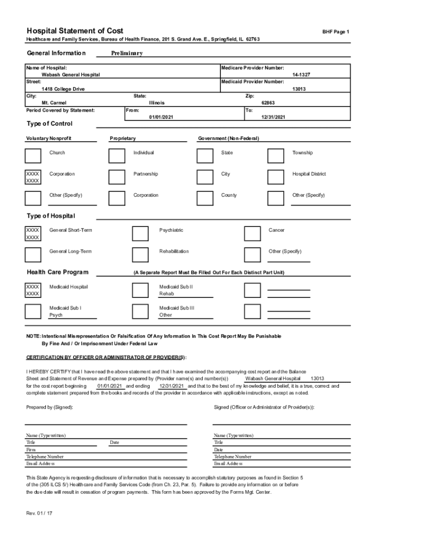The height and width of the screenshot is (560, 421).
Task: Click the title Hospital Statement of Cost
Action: click(75, 31)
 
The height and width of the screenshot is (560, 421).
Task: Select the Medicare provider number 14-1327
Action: click(302, 74)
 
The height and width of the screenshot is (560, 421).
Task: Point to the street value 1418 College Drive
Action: click(63, 89)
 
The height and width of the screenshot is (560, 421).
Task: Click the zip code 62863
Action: click(268, 103)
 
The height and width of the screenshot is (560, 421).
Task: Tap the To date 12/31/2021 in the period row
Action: click(273, 117)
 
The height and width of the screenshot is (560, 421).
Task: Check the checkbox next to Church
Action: click(33, 156)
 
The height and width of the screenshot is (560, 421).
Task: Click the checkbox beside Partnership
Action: click(116, 177)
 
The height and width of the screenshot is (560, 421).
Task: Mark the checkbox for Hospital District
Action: click(276, 177)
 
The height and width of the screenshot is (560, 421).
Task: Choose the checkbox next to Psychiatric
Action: click(141, 234)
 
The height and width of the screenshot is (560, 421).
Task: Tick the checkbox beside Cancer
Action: click(252, 234)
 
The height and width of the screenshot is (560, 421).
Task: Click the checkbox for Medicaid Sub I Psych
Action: click(33, 311)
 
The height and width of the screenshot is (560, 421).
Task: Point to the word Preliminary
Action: click(127, 53)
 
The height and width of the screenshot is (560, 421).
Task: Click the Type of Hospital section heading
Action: click(51, 216)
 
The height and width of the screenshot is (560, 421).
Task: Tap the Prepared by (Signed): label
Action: click(49, 407)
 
